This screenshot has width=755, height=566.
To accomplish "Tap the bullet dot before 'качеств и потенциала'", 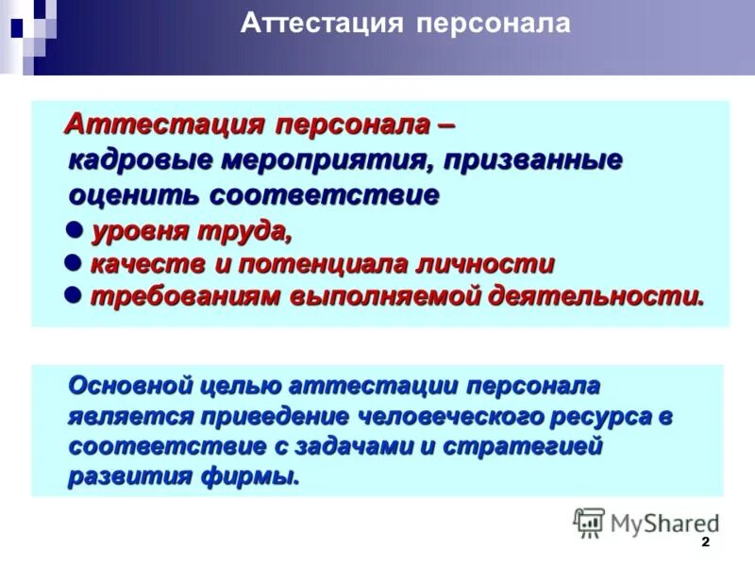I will click(x=75, y=263).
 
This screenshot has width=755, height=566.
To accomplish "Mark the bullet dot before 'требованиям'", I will click(x=75, y=295).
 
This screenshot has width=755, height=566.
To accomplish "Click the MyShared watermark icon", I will click(x=589, y=523).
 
